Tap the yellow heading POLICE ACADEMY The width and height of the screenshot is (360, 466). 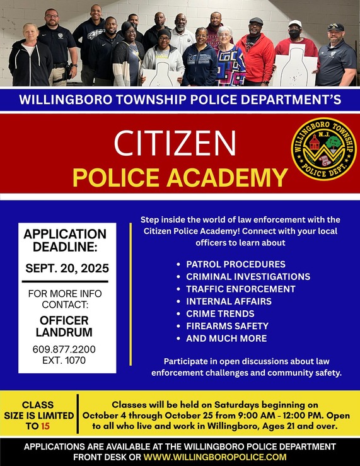(180, 177)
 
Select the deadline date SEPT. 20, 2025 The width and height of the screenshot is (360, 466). (67, 268)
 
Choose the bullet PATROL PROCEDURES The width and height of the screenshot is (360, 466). (235, 264)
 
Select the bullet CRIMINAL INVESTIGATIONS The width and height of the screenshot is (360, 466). (248, 276)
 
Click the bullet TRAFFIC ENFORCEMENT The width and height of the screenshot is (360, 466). (240, 289)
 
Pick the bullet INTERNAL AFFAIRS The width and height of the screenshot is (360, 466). (228, 301)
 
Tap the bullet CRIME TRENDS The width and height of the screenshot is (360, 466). (220, 313)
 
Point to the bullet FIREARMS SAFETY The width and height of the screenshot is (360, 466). (227, 326)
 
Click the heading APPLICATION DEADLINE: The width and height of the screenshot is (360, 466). (65, 240)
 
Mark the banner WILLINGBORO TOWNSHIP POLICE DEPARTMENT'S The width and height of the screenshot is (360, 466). (180, 99)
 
